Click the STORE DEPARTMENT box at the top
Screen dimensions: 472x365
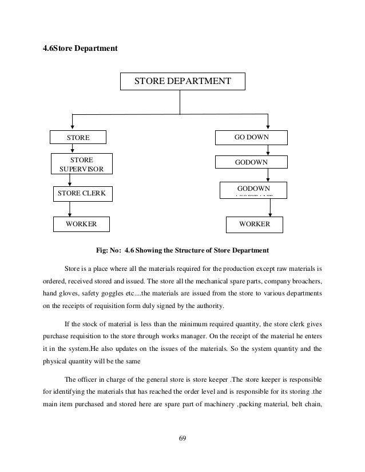tap(182, 82)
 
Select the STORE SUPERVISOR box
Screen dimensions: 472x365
tap(82, 163)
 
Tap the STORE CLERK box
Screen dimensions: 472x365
tap(82, 194)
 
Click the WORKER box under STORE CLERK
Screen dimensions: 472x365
tap(82, 225)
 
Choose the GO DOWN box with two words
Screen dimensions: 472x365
tap(251, 138)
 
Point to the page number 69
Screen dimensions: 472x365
tap(182, 439)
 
